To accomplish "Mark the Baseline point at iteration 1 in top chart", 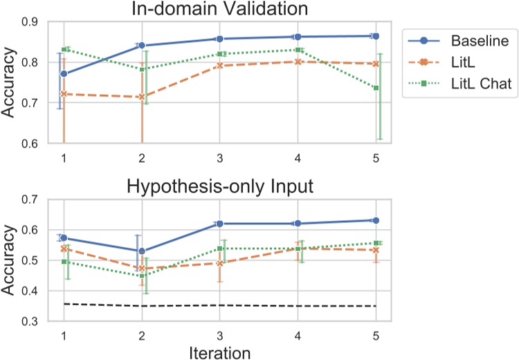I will pyautogui.click(x=64, y=73).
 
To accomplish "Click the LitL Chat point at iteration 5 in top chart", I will pyautogui.click(x=376, y=88).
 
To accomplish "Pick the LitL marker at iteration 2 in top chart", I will pyautogui.click(x=142, y=97).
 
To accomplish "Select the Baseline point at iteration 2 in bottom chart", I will pyautogui.click(x=142, y=251).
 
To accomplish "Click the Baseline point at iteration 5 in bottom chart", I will pyautogui.click(x=376, y=220).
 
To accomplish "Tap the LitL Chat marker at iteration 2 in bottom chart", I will pyautogui.click(x=142, y=276).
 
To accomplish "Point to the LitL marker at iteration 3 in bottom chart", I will pyautogui.click(x=219, y=263).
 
